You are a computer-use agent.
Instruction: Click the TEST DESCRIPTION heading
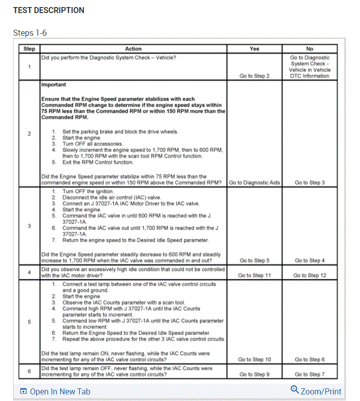(49, 10)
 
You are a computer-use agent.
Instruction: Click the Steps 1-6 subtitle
(30, 33)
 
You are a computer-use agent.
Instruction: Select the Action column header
(133, 49)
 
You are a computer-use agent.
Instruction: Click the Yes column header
(254, 49)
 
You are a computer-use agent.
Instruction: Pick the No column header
(310, 49)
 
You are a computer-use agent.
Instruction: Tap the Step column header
(29, 49)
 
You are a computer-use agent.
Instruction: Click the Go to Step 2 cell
(254, 76)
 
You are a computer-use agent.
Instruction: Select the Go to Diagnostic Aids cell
(254, 183)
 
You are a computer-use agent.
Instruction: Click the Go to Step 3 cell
(310, 183)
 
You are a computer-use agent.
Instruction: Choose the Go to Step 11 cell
(254, 275)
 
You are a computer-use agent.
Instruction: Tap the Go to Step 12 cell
(310, 275)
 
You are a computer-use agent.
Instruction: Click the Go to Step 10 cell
(254, 359)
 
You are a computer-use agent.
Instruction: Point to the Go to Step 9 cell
(254, 374)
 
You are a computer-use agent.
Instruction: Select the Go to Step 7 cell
(310, 374)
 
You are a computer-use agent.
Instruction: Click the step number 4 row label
(29, 272)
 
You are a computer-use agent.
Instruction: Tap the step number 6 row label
(29, 371)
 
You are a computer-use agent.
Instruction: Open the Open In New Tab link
(55, 391)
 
